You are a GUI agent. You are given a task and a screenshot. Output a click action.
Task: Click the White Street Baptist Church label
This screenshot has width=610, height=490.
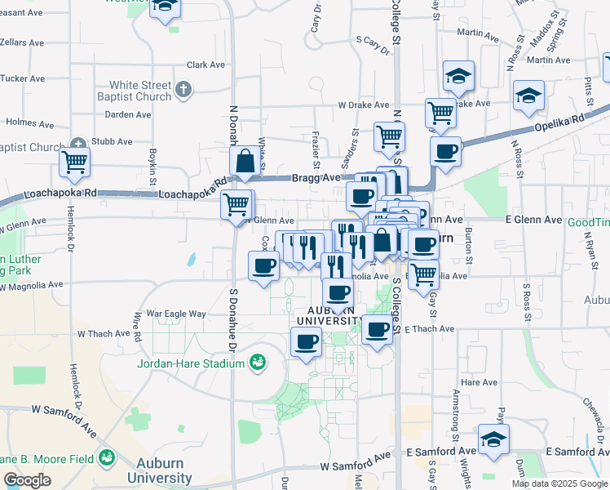[x=141, y=91]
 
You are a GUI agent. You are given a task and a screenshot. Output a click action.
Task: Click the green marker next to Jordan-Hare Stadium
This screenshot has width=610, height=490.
[x=258, y=361]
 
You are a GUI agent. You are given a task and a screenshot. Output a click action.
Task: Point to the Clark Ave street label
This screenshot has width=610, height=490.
[x=206, y=65]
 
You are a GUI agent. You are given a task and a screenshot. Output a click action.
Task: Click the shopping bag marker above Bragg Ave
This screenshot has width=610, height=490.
[x=245, y=163]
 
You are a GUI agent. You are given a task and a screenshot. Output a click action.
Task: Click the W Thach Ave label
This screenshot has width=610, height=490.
[x=104, y=334]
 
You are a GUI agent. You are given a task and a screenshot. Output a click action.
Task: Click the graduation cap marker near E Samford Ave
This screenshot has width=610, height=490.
[x=494, y=439]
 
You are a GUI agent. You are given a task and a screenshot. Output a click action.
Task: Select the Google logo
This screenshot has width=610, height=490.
[x=27, y=480]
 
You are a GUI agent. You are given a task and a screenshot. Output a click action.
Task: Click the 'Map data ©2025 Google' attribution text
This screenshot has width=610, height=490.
[x=559, y=483]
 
